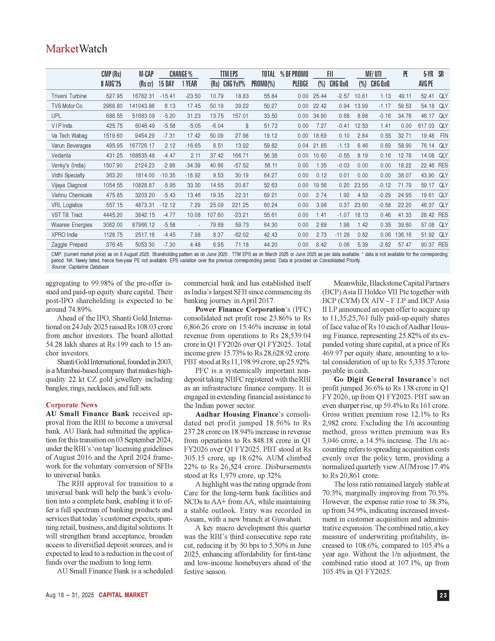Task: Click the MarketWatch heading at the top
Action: pyautogui.click(x=76, y=49)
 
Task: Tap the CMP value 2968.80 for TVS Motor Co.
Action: pyautogui.click(x=113, y=106)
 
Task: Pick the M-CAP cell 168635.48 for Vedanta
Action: pyautogui.click(x=142, y=156)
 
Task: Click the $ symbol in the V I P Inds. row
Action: pyautogui.click(x=247, y=126)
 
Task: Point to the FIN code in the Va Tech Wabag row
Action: pyautogui.click(x=444, y=136)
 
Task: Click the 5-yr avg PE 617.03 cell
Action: pyautogui.click(x=426, y=126)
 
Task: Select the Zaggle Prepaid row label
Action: pyautogui.click(x=69, y=245)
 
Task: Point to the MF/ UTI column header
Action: pyautogui.click(x=373, y=74)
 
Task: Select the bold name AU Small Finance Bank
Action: pyautogui.click(x=87, y=414)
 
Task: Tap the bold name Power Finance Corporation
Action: pyautogui.click(x=240, y=309)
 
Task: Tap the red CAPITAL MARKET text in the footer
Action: pyautogui.click(x=123, y=595)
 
